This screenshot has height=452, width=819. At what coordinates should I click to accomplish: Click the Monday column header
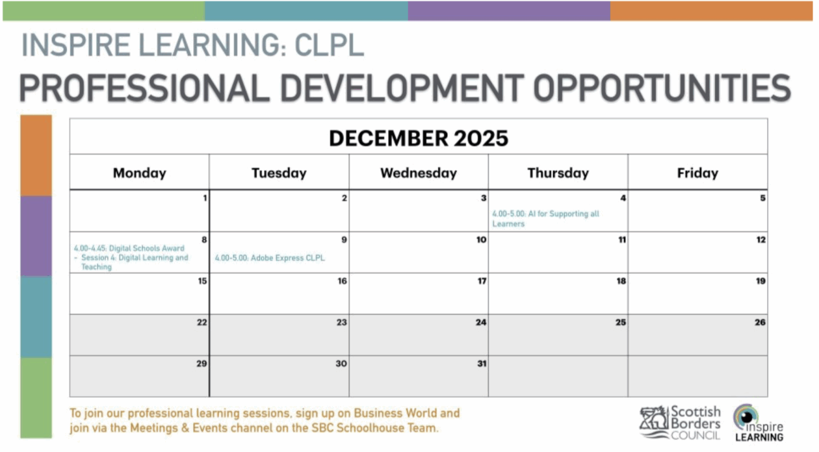pyautogui.click(x=139, y=173)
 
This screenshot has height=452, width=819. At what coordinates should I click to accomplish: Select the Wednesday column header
pyautogui.click(x=419, y=173)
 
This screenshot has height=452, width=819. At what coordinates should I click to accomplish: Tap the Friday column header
pyautogui.click(x=697, y=173)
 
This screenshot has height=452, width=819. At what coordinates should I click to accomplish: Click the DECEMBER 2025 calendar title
pyautogui.click(x=419, y=138)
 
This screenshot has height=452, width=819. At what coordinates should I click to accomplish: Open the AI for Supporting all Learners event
pyautogui.click(x=546, y=219)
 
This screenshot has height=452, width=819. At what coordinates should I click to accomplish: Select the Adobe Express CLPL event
pyautogui.click(x=270, y=258)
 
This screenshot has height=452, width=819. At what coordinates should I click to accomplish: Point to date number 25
pyautogui.click(x=621, y=323)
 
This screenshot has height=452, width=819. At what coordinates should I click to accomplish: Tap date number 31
pyautogui.click(x=482, y=364)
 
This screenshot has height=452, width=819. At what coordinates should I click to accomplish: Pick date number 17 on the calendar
pyautogui.click(x=482, y=281)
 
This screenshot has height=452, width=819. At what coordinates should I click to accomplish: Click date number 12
pyautogui.click(x=760, y=240)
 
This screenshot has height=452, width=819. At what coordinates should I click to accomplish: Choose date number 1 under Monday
pyautogui.click(x=205, y=198)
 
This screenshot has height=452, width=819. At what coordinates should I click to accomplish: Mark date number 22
pyautogui.click(x=202, y=323)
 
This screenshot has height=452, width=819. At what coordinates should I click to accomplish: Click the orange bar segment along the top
pyautogui.click(x=711, y=11)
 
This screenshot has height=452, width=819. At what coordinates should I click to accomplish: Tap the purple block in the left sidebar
pyautogui.click(x=36, y=236)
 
